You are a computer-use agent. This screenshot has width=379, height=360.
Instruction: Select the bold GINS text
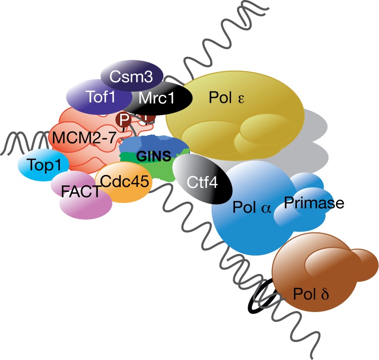tap(153, 157)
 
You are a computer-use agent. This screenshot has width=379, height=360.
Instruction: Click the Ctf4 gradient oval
tap(203, 179)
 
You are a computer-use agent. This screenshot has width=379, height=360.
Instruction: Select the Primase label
tap(314, 203)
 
